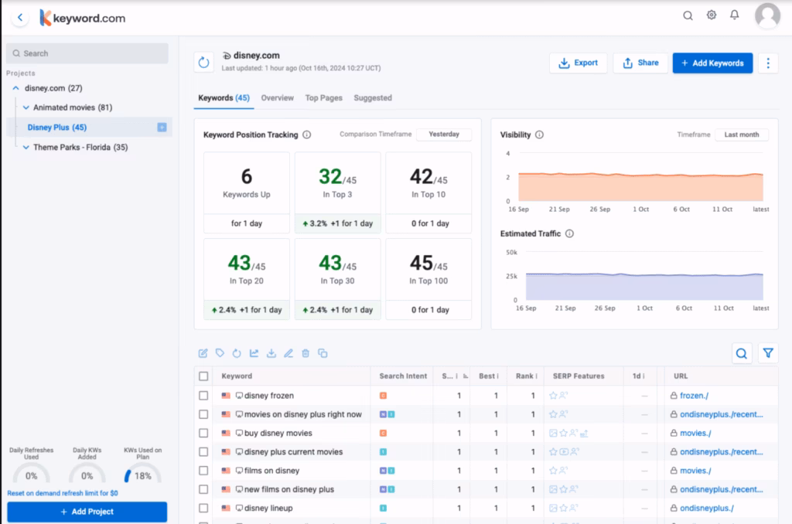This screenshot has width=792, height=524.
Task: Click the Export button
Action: [578, 63]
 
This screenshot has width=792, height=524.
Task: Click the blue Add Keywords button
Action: [712, 63]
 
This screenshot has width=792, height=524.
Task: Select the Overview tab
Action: [277, 98]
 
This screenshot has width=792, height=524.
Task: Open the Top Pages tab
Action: [323, 98]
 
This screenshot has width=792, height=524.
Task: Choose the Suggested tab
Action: [373, 98]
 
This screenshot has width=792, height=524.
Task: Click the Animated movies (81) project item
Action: [73, 107]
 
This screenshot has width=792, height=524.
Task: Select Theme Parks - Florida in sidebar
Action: [80, 147]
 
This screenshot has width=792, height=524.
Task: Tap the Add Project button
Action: [87, 512]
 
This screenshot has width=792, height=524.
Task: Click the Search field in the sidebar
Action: [87, 53]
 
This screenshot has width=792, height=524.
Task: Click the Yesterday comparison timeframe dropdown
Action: [444, 134]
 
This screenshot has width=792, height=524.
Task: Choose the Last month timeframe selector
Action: [741, 134]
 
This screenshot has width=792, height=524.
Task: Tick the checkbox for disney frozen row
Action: [203, 396]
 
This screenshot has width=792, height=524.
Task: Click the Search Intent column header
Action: [403, 376]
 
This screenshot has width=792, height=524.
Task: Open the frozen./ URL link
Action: [695, 396]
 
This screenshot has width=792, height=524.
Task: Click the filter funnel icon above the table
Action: [767, 353]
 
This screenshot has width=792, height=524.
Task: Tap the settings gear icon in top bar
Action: [712, 15]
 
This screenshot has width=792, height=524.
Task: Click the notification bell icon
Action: [735, 15]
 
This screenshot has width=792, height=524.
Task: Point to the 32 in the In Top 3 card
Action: [329, 177]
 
